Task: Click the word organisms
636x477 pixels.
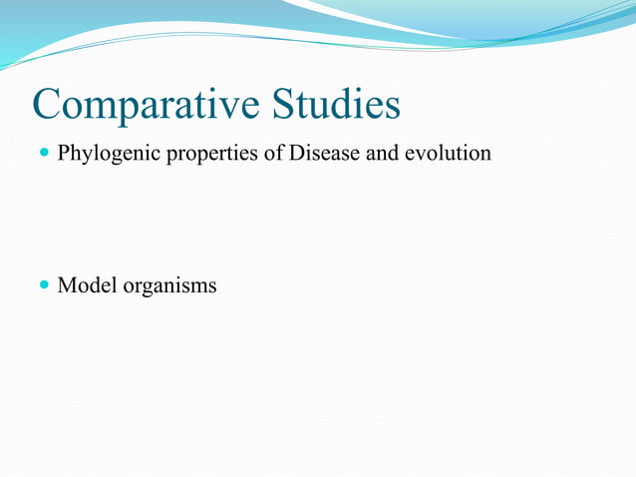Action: pyautogui.click(x=169, y=286)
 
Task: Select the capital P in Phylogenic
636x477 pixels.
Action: pyautogui.click(x=64, y=154)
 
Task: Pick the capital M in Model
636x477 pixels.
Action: pyautogui.click(x=67, y=285)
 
